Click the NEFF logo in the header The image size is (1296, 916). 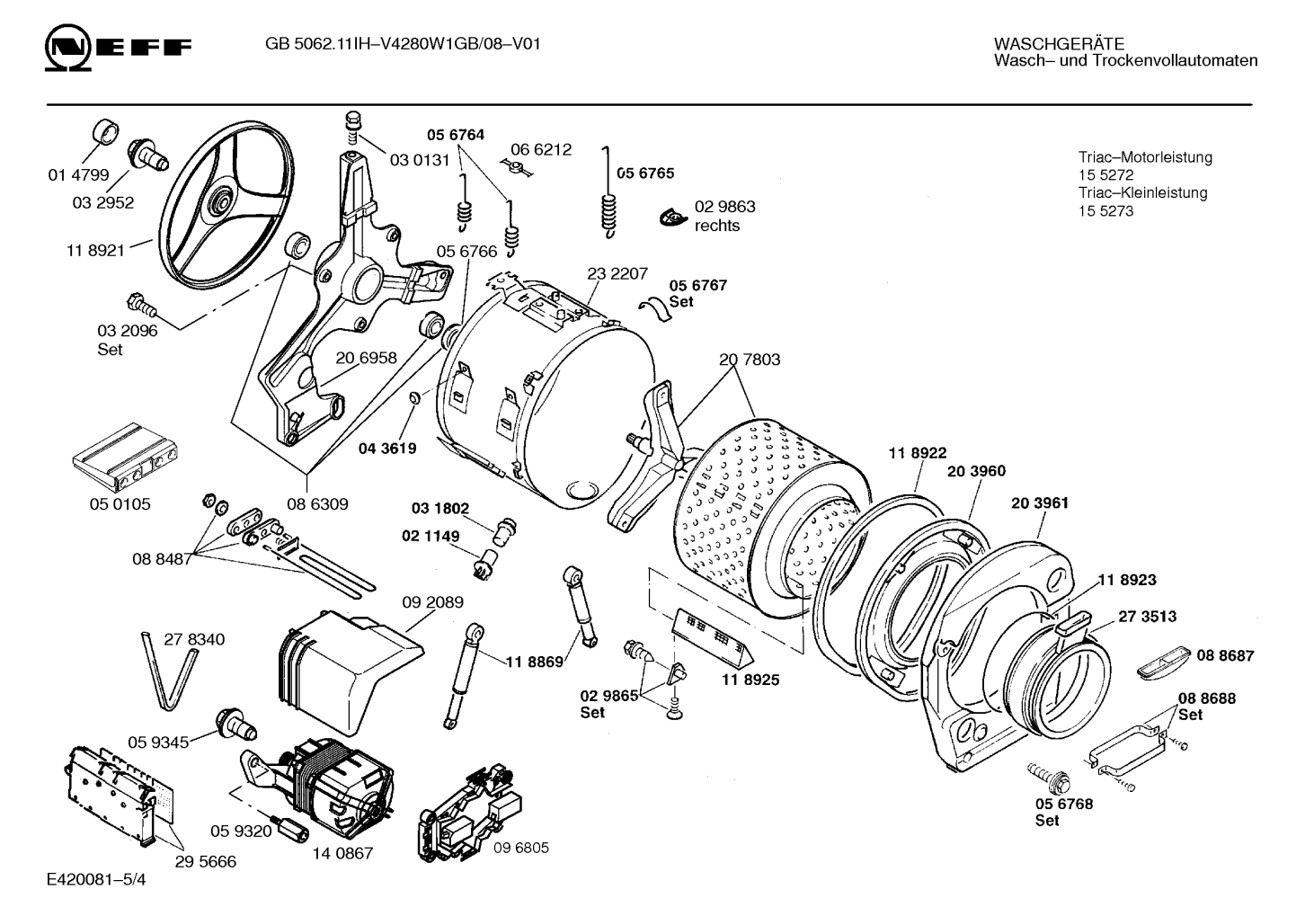click(118, 48)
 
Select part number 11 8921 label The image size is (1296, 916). click(95, 251)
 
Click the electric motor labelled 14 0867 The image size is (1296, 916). click(319, 787)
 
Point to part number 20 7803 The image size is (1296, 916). click(750, 360)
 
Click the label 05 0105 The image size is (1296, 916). click(120, 504)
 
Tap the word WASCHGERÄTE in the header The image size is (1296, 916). click(1059, 44)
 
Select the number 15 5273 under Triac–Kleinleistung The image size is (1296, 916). click(1105, 211)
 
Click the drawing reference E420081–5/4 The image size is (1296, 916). click(96, 880)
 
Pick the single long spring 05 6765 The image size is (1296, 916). click(607, 192)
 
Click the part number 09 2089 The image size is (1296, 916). click(433, 602)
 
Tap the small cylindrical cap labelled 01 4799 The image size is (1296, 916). click(106, 132)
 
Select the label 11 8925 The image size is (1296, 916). click(750, 680)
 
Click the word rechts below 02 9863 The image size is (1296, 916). click(717, 226)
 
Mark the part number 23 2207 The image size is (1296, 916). click(617, 273)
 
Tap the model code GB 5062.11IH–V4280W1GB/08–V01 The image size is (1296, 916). click(403, 44)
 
